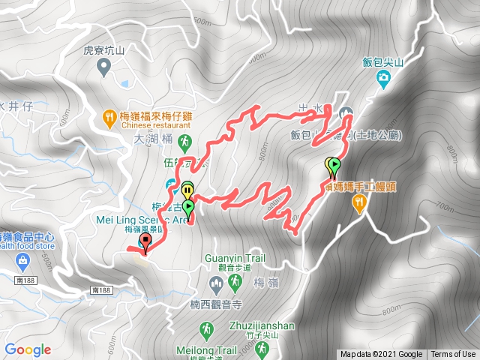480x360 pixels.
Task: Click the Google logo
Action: (28, 349)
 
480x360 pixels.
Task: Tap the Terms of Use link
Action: (452, 355)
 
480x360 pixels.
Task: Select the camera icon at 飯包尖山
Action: (384, 78)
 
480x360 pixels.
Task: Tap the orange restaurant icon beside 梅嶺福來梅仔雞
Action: (109, 116)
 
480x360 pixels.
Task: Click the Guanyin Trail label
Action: (235, 258)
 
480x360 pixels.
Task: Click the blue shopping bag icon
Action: (23, 259)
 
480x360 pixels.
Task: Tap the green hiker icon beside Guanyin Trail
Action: (235, 281)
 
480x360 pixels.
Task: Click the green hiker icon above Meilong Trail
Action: (205, 329)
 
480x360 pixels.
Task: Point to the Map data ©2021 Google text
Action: (381, 355)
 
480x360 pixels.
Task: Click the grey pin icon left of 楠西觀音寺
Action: (216, 283)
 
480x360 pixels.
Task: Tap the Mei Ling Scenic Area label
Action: (142, 220)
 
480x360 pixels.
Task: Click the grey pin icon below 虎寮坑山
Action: (104, 68)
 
